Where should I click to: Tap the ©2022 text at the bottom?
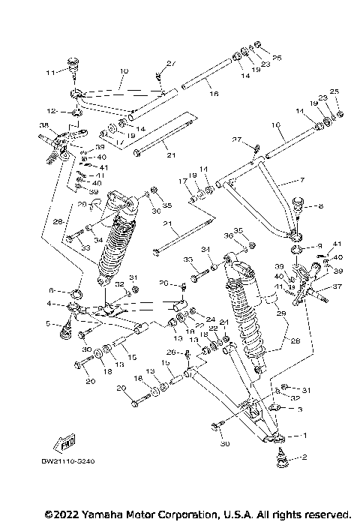[x=61, y=514]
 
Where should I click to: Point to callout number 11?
[x=49, y=73]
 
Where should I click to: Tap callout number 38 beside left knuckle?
[x=44, y=126]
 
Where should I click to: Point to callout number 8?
[x=321, y=204]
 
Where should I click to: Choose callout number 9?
[x=318, y=244]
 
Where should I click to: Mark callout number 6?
[x=52, y=290]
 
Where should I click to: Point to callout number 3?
[x=299, y=410]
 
